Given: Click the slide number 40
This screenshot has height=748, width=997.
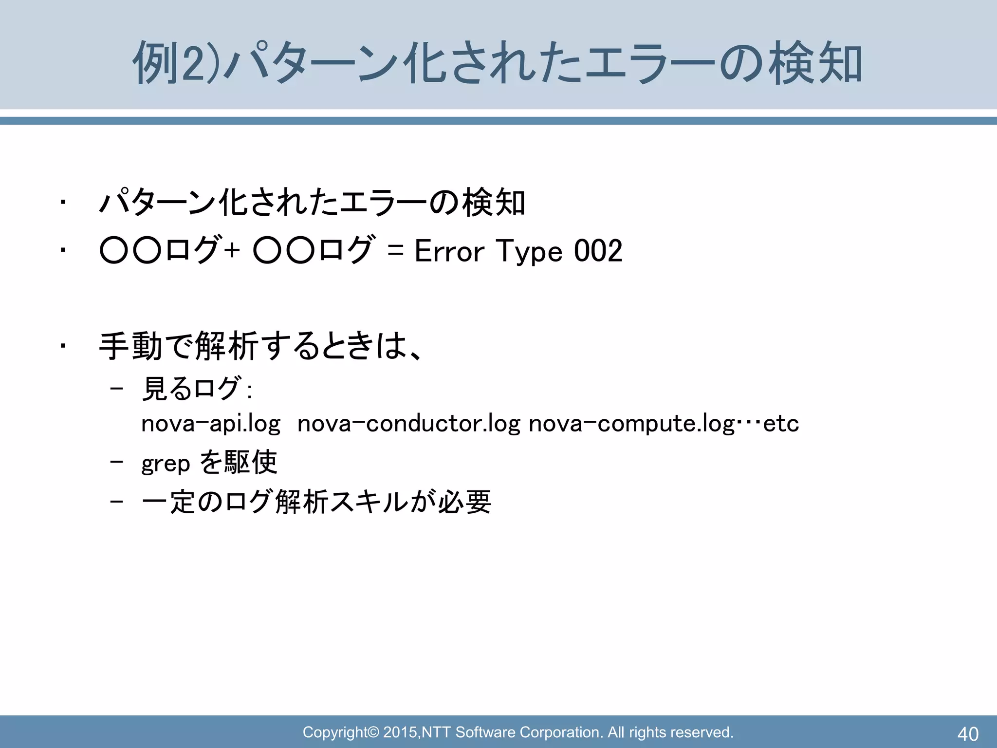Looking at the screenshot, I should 968,733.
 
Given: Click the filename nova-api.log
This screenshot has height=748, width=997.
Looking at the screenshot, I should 211,424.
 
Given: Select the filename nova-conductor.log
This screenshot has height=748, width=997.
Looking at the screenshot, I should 408,424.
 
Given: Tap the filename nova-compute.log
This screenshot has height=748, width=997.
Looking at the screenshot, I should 631,424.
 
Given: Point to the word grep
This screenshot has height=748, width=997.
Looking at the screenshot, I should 166,463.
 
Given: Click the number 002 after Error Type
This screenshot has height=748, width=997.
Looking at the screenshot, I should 598,251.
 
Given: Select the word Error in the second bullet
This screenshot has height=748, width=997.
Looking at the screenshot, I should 449,251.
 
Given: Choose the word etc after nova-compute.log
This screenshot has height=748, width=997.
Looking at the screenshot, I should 781,424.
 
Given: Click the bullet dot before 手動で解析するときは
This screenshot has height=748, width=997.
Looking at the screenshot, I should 62,346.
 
